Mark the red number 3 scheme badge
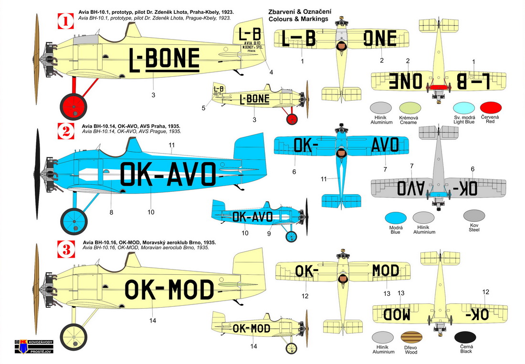click(63, 248)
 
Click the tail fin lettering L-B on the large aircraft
click(250, 34)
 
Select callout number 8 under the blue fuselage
click(111, 212)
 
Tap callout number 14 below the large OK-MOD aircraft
click(153, 320)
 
